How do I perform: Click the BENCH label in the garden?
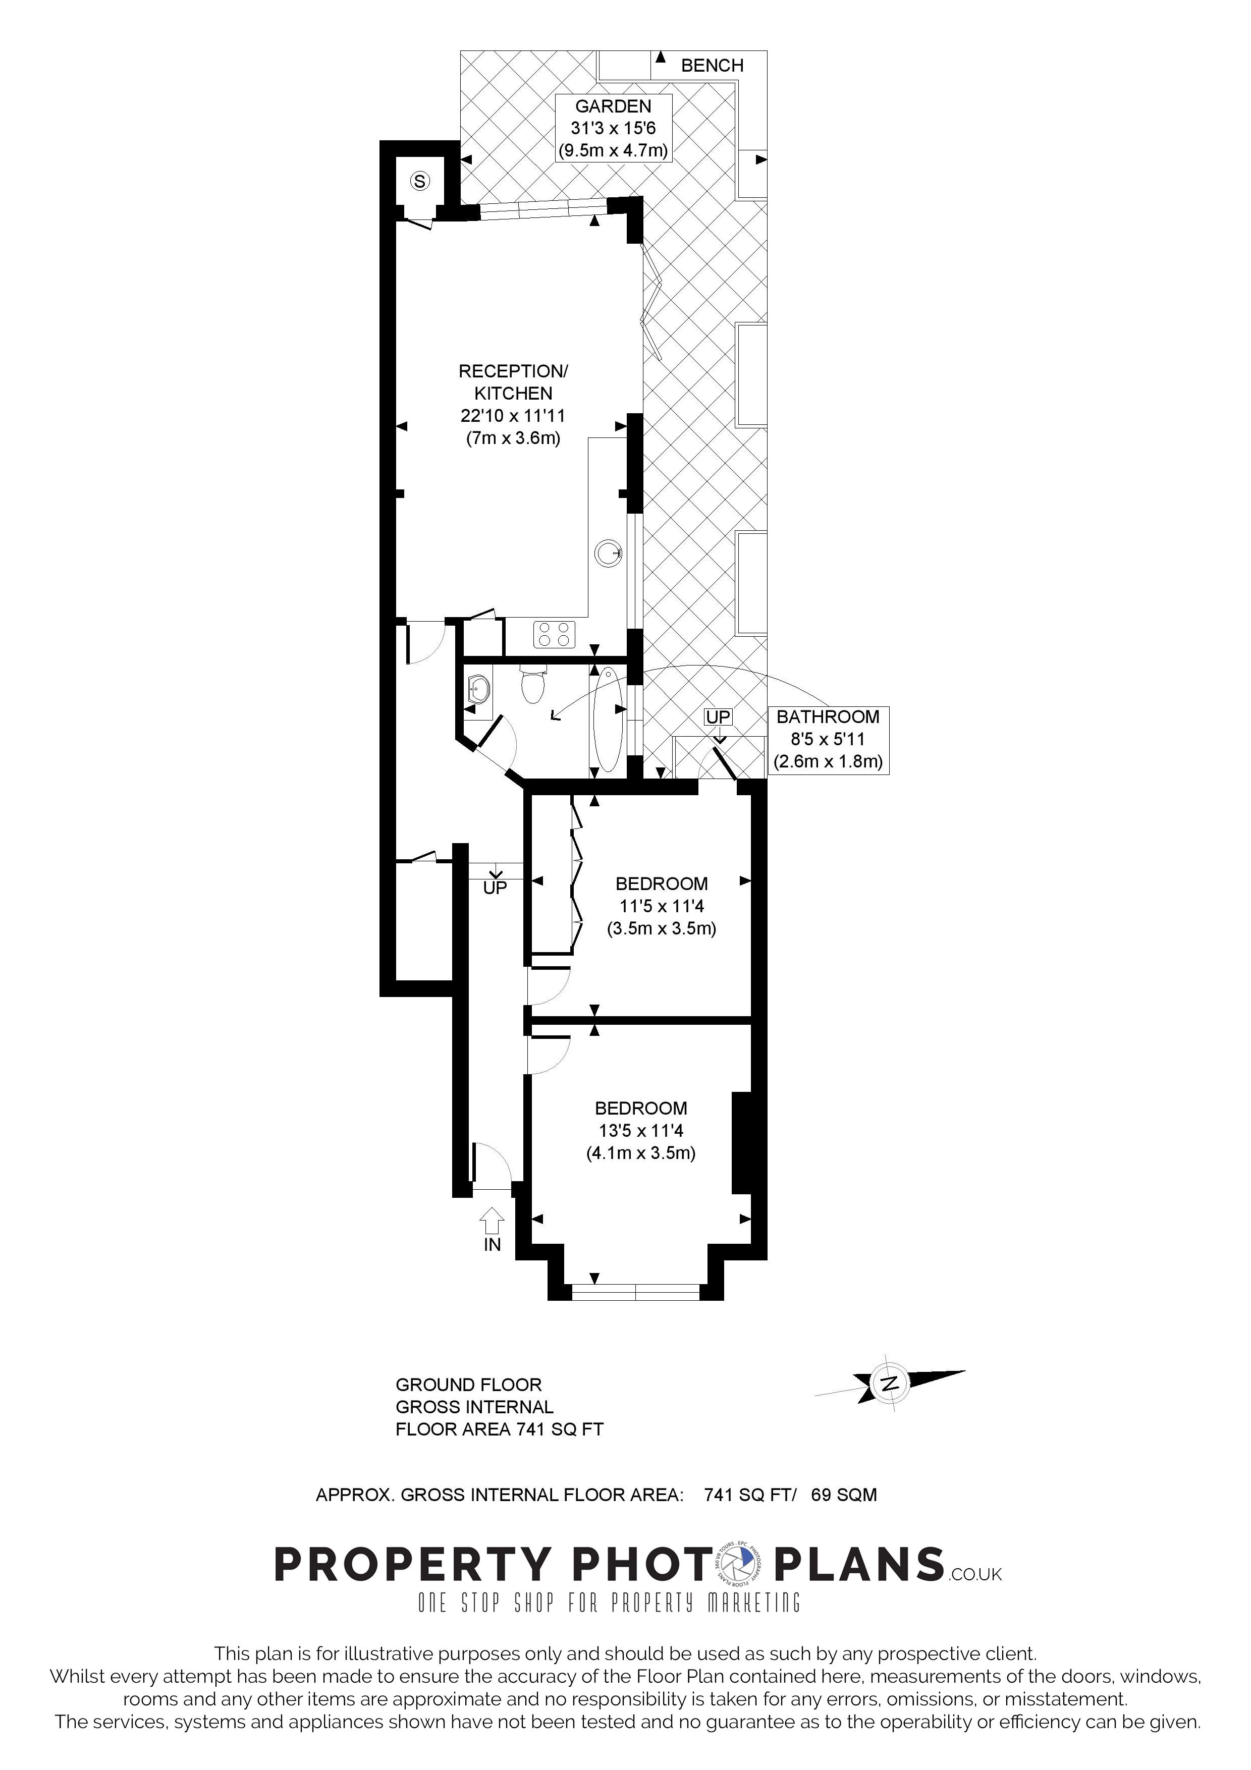tap(712, 66)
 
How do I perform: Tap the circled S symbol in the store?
tap(419, 181)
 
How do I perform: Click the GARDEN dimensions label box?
tap(614, 128)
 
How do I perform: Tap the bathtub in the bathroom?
tap(608, 720)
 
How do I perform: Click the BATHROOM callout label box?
tap(828, 739)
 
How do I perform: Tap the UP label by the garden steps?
tap(718, 717)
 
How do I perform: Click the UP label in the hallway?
tap(495, 888)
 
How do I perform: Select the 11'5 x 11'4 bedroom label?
tap(662, 906)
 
